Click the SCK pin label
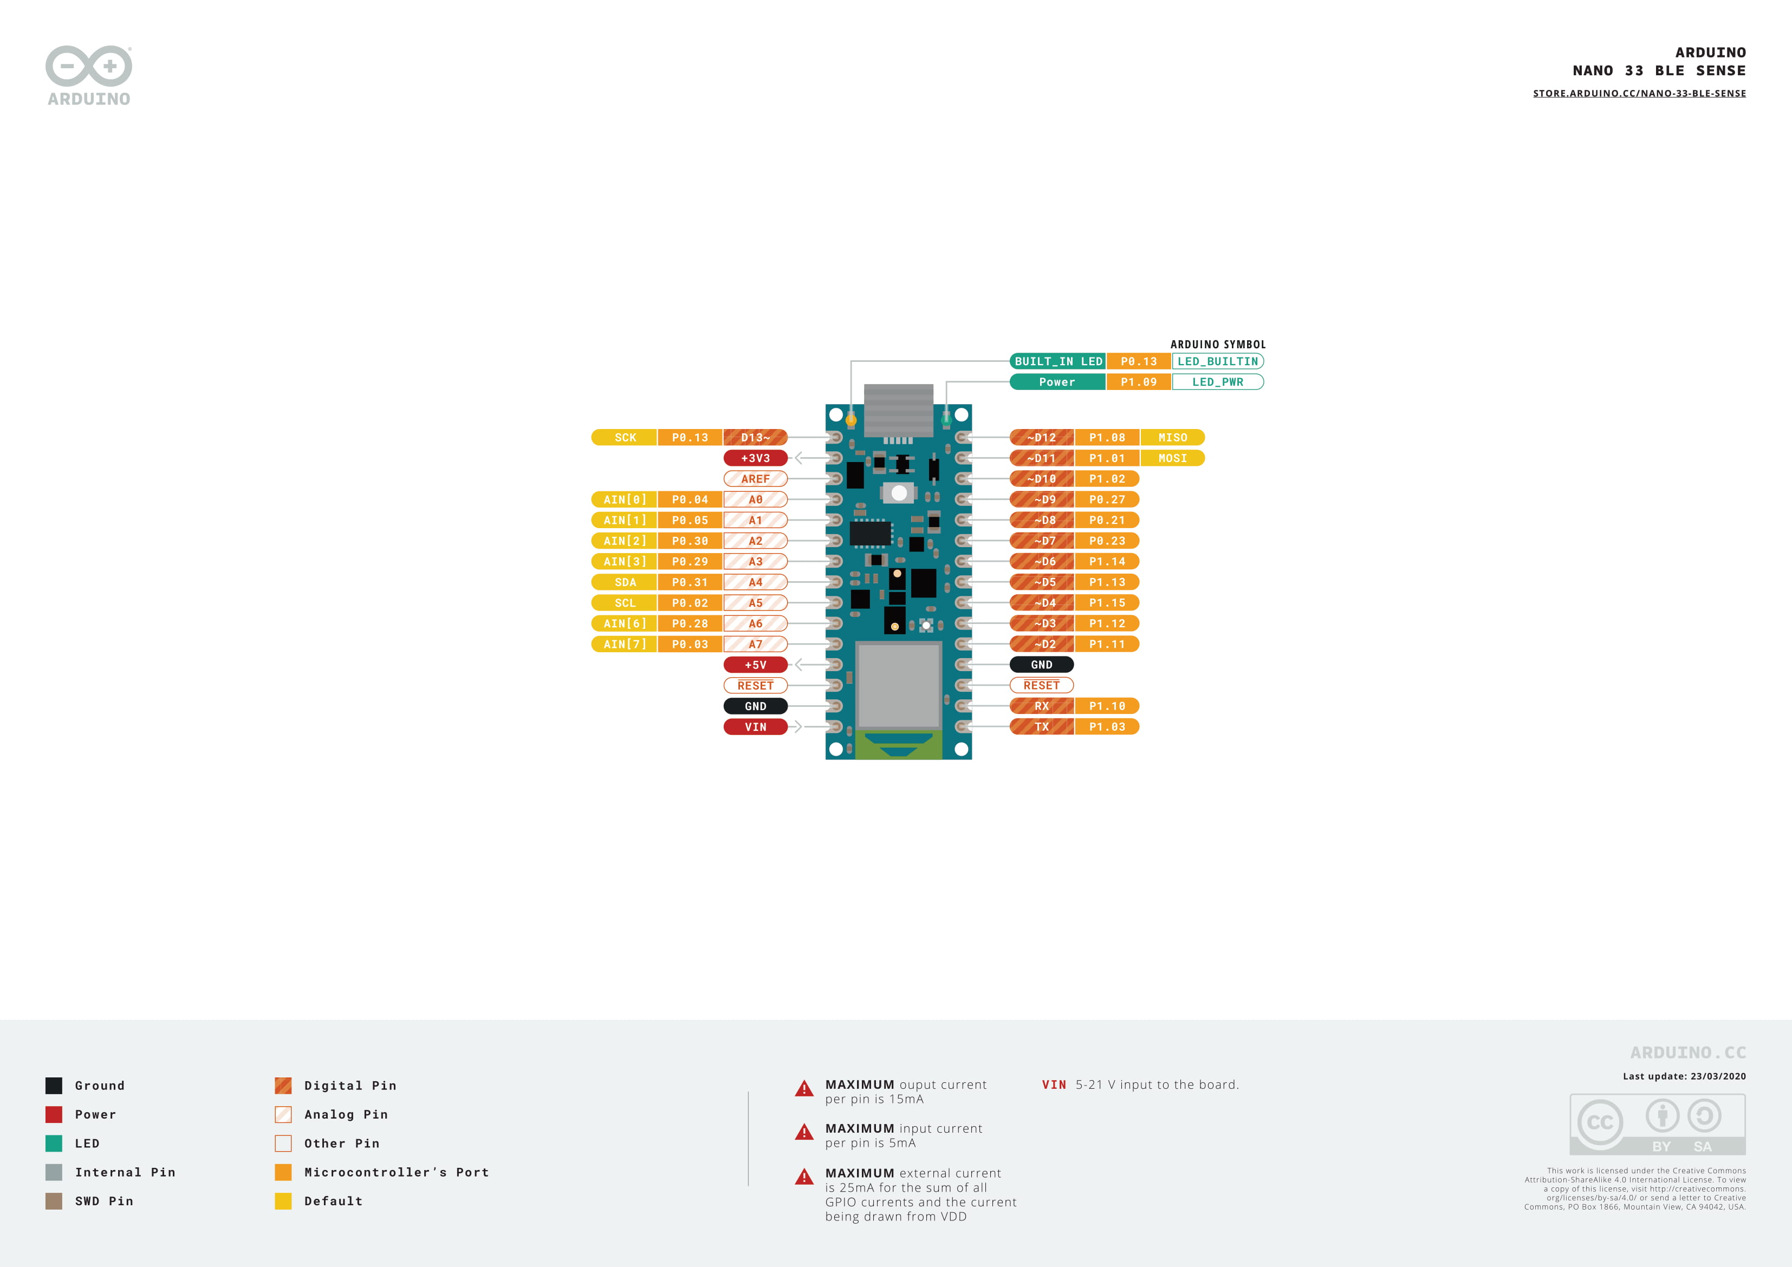[x=625, y=438]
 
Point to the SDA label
[x=625, y=582]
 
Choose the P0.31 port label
[x=690, y=582]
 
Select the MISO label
[x=1172, y=438]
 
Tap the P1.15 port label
[x=1107, y=603]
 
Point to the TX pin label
[x=1041, y=727]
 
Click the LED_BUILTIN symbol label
[x=1218, y=361]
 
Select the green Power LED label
[x=1057, y=382]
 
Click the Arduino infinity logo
[x=89, y=66]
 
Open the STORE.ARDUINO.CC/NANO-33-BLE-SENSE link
[x=1639, y=94]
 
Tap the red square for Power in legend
[x=54, y=1115]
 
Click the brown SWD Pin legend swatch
[x=54, y=1201]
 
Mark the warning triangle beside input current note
[x=804, y=1133]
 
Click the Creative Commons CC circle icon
[x=1600, y=1122]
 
